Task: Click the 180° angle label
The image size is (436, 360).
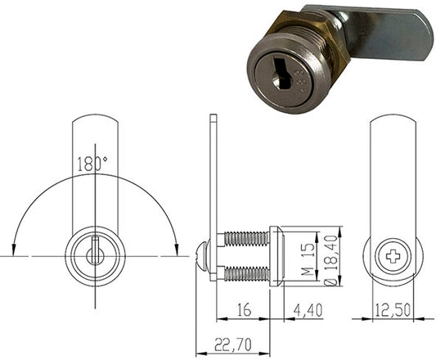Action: click(92, 164)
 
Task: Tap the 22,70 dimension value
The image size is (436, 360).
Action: click(233, 344)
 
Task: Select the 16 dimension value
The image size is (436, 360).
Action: click(245, 309)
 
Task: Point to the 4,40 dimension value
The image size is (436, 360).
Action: click(308, 310)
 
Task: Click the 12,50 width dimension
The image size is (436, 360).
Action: click(393, 310)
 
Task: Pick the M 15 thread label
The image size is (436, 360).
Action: click(308, 259)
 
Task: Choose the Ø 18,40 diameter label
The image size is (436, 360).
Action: click(331, 261)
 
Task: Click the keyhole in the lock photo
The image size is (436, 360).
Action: click(282, 72)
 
